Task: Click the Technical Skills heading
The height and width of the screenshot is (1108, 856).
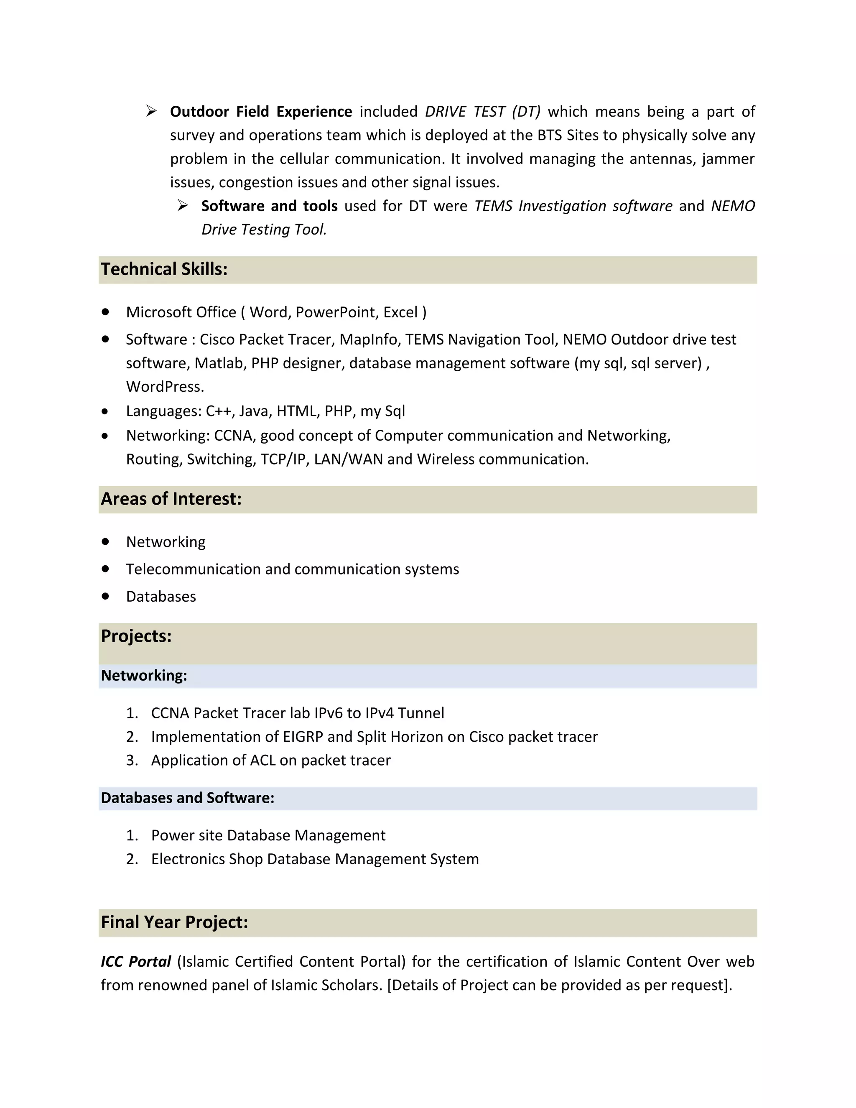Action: [164, 269]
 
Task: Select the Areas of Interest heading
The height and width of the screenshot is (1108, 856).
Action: [171, 499]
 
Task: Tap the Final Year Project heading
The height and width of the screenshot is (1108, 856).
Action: [174, 922]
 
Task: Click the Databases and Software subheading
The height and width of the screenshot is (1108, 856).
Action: [187, 798]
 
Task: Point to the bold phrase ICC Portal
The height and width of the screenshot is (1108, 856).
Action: [136, 962]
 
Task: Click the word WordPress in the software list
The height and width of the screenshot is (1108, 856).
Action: [164, 387]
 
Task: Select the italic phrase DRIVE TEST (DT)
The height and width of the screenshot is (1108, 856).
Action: [483, 112]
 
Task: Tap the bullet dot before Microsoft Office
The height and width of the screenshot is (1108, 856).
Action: [105, 312]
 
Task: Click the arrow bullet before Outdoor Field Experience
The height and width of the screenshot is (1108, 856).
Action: [151, 111]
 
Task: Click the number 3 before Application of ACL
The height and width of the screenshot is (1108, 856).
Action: [131, 761]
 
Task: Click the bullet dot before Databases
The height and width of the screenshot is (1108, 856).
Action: [105, 597]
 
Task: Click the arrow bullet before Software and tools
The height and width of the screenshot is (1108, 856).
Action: [183, 205]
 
